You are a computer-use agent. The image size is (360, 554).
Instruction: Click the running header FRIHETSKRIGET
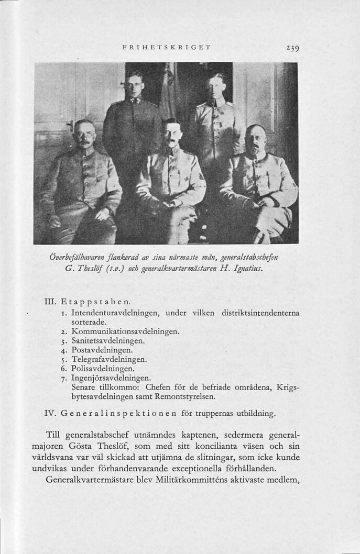tap(166, 47)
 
